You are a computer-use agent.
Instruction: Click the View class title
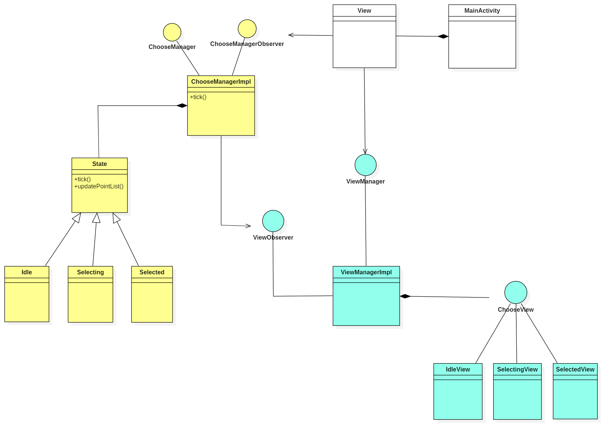[364, 10]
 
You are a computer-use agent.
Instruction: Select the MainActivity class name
[482, 10]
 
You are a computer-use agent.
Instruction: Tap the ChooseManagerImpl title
[221, 81]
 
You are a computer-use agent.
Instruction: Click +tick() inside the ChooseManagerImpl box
[198, 97]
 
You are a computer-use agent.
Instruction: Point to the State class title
[100, 164]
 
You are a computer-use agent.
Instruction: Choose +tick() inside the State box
[82, 179]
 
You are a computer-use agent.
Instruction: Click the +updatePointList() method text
[99, 186]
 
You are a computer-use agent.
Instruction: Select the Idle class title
[27, 272]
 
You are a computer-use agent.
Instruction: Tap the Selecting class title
[90, 272]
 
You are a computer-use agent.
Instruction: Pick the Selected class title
[152, 272]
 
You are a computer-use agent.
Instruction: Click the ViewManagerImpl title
[366, 272]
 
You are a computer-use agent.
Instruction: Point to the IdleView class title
[458, 369]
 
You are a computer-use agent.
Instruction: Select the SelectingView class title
[517, 369]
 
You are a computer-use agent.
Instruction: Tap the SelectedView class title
[575, 369]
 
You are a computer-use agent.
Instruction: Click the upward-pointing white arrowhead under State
[96, 218]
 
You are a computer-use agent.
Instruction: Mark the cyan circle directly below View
[366, 165]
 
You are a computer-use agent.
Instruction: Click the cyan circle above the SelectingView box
[516, 292]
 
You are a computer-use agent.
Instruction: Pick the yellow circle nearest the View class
[247, 29]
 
